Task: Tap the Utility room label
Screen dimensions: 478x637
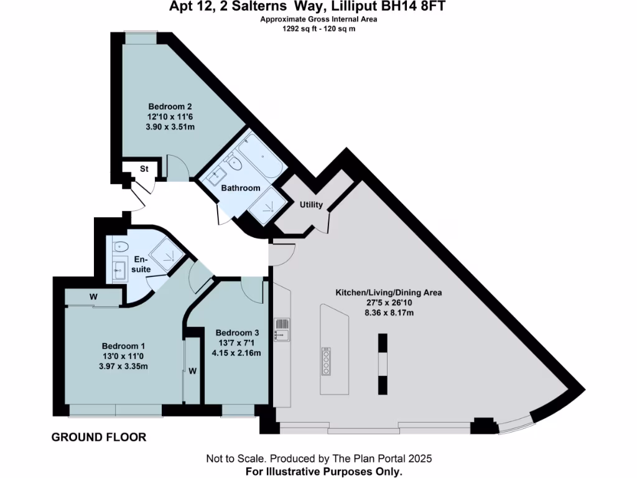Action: coord(311,205)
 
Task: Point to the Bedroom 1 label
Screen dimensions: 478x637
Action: coord(123,345)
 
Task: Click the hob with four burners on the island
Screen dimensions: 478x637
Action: coord(326,360)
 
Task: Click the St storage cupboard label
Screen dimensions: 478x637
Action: coord(143,169)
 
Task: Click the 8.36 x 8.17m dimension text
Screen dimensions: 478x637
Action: coord(389,312)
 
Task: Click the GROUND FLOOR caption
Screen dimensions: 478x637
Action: coord(99,438)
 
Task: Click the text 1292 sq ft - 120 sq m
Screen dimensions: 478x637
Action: coord(318,28)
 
